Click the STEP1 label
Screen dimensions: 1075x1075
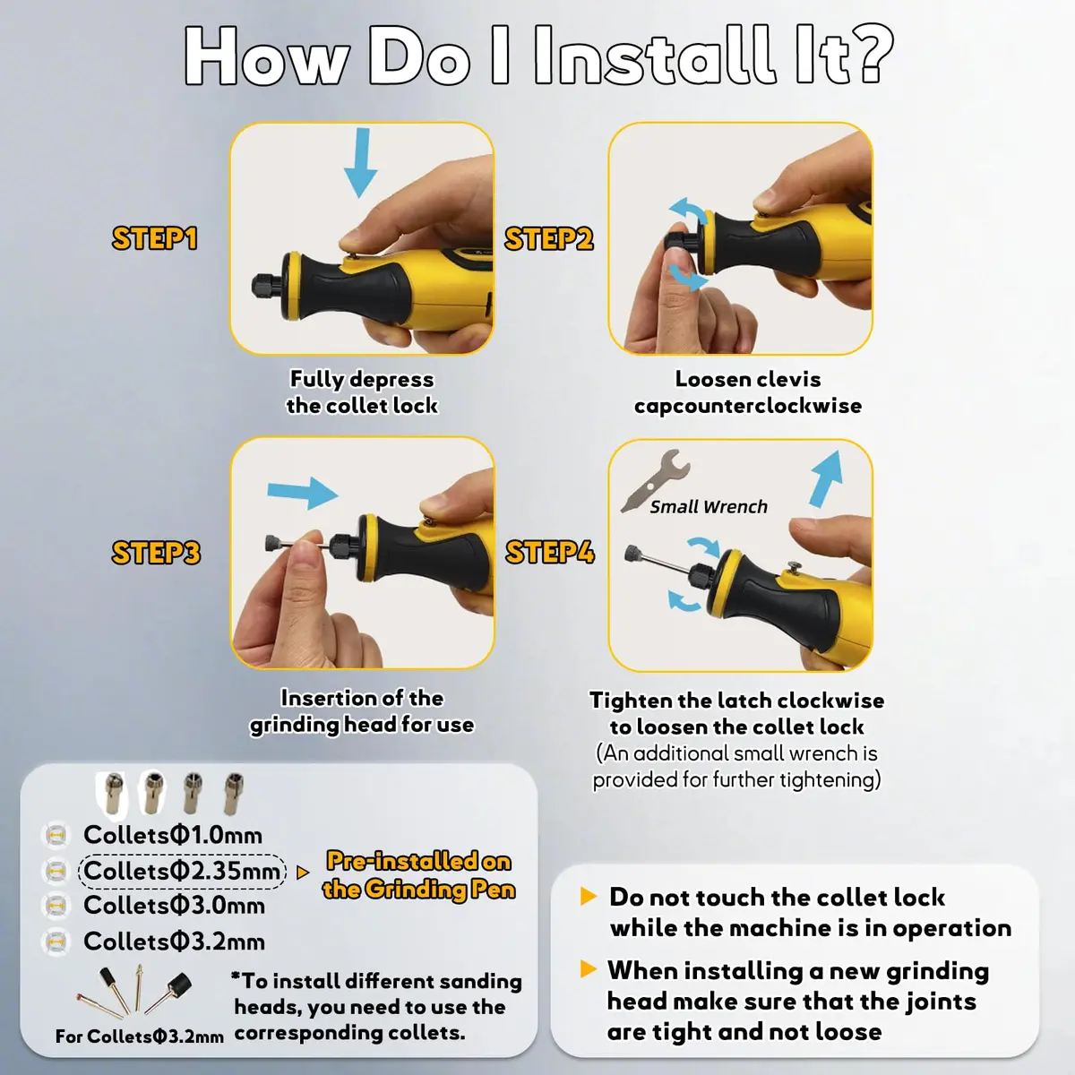(x=154, y=238)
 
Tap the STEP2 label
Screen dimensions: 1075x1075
(x=549, y=239)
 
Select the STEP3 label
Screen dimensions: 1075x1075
(x=156, y=553)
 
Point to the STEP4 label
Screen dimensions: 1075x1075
(x=550, y=553)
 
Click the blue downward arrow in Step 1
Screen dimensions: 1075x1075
(x=361, y=162)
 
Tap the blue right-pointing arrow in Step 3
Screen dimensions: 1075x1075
(x=303, y=493)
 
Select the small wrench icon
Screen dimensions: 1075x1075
(x=655, y=480)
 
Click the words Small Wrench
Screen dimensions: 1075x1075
(x=709, y=506)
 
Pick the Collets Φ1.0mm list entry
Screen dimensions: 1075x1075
(x=173, y=835)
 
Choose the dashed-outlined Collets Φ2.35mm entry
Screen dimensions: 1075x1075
(x=182, y=871)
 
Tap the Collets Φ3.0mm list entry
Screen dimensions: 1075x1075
(x=174, y=906)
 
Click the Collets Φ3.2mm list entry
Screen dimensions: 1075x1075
(x=174, y=942)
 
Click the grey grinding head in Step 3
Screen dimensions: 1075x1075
(x=273, y=543)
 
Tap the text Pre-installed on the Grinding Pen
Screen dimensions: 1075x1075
(x=419, y=875)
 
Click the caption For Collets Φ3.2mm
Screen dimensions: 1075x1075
(x=140, y=1036)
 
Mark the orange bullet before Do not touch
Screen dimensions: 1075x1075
(x=589, y=897)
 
